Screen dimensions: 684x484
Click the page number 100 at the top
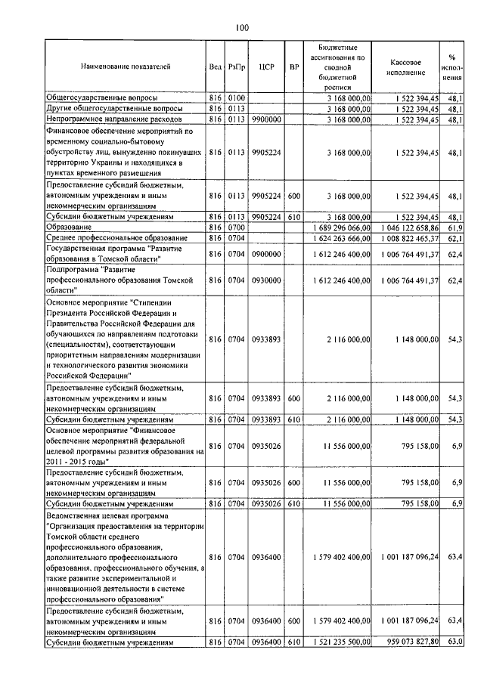click(241, 28)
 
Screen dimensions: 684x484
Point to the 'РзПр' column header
click(236, 67)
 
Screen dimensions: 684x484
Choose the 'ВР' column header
click(294, 67)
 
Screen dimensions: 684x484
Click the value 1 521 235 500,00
click(341, 642)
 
